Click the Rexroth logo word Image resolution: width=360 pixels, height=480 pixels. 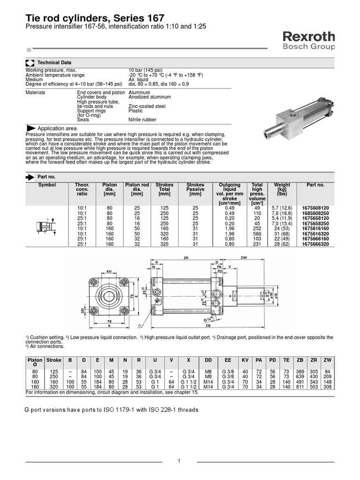pos(308,37)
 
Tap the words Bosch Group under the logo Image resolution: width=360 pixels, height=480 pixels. pos(308,47)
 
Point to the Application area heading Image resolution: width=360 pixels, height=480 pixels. pos(57,128)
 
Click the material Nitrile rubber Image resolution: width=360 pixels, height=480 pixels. pos(142,120)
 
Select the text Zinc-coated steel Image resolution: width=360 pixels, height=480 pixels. pos(147,106)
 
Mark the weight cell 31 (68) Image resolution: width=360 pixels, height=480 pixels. pos(282,233)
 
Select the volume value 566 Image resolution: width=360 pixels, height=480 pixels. pos(257,233)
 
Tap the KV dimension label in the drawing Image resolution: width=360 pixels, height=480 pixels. pos(109,272)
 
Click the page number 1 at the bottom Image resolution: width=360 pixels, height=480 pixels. pos(179,461)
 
